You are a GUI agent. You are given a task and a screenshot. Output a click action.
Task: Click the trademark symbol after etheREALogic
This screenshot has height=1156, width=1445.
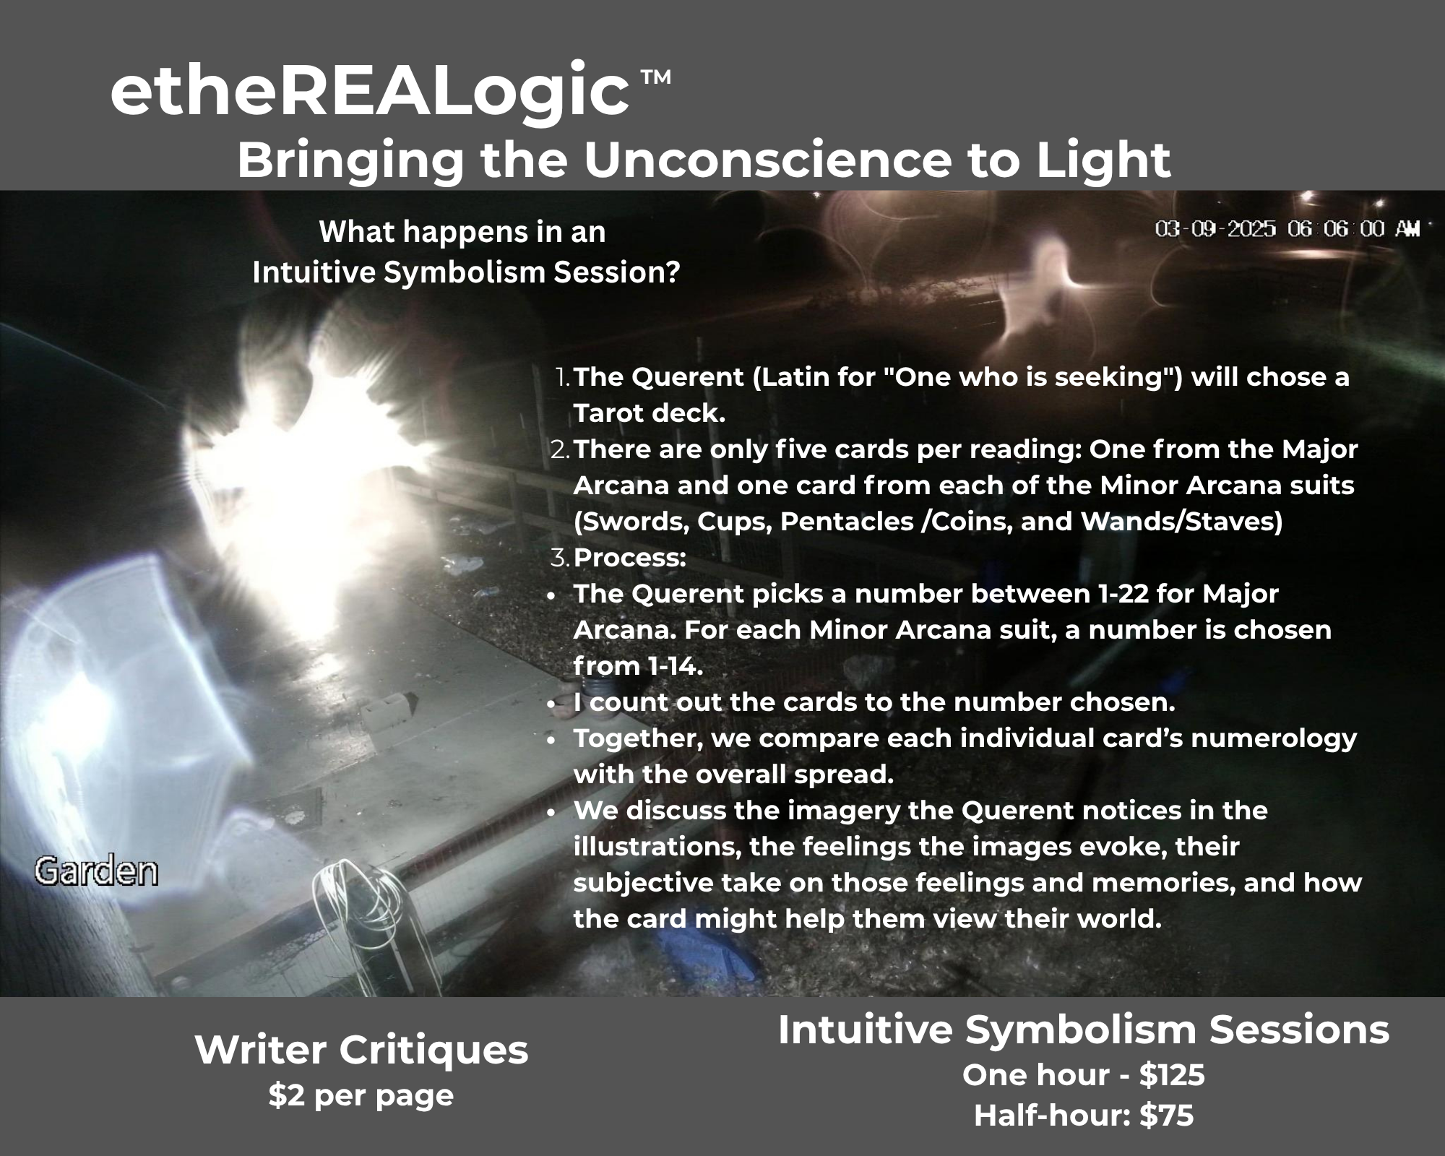pyautogui.click(x=655, y=77)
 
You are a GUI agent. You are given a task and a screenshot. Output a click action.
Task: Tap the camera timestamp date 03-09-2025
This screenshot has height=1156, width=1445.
pyautogui.click(x=1215, y=229)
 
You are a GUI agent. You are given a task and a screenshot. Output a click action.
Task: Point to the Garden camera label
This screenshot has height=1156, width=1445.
pyautogui.click(x=96, y=872)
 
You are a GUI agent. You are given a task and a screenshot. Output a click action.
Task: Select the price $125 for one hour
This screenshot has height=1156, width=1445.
pyautogui.click(x=1172, y=1075)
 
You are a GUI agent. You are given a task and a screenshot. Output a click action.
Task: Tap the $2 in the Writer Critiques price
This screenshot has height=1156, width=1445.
pyautogui.click(x=282, y=1095)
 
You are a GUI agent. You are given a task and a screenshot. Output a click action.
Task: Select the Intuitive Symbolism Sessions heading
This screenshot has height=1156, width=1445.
pyautogui.click(x=1084, y=1030)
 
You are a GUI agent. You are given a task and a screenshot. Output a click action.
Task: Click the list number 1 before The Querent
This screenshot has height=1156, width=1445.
pyautogui.click(x=562, y=377)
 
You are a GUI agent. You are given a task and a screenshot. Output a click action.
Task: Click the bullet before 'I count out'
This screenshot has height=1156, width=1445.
pyautogui.click(x=551, y=704)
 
